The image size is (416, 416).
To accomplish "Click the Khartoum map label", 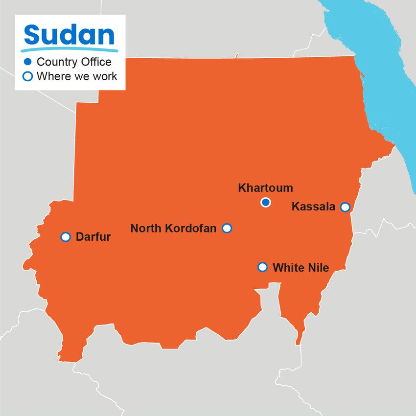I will click(x=265, y=188).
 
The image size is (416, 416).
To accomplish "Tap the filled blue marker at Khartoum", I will click(x=266, y=202).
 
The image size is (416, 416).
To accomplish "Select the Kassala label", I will click(x=313, y=207).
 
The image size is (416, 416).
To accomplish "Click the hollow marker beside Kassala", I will click(x=345, y=207).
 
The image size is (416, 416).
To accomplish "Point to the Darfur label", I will click(x=93, y=237).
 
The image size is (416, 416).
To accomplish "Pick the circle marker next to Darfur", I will click(x=66, y=237).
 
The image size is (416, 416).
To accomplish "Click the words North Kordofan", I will click(x=173, y=229).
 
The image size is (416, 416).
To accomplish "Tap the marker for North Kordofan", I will click(x=227, y=228).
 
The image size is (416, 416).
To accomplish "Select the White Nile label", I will click(x=300, y=268).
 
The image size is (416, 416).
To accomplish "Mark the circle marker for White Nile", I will click(x=262, y=267).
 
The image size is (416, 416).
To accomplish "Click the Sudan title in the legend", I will click(x=69, y=35).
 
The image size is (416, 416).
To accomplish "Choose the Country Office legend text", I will click(x=74, y=62).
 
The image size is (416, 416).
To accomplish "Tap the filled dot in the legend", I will click(x=28, y=62).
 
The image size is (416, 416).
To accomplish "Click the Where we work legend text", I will click(x=77, y=76).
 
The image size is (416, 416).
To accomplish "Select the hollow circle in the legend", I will click(x=28, y=76).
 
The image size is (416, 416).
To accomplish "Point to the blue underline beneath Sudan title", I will click(x=69, y=50).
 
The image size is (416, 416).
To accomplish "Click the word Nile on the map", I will click(x=318, y=268).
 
